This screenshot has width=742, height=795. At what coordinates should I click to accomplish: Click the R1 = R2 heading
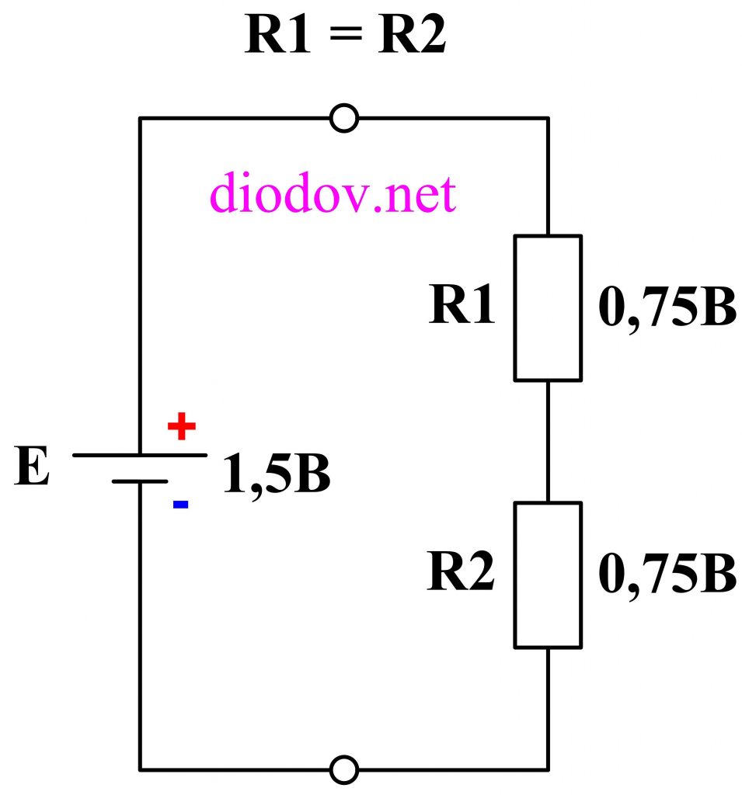point(345,36)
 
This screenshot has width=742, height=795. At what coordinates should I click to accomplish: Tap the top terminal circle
point(344,118)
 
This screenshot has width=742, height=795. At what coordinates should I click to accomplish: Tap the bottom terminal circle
point(344,769)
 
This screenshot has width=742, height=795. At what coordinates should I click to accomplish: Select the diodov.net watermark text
point(332,195)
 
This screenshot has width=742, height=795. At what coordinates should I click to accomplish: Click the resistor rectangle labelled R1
point(548,307)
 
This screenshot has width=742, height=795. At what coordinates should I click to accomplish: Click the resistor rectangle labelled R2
point(548,575)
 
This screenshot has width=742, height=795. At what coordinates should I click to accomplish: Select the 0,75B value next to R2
point(667,576)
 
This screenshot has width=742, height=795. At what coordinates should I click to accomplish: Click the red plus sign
point(182,427)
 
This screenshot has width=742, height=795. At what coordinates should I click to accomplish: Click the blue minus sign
point(180,505)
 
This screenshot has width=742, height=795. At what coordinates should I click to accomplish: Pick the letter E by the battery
point(32,469)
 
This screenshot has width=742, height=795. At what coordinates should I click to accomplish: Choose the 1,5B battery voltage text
point(277,475)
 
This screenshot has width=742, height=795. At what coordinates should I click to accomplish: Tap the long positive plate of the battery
point(140,455)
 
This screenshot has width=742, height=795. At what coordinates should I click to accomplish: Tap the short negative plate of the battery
point(140,481)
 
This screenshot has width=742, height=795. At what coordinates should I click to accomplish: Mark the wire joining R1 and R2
point(549,441)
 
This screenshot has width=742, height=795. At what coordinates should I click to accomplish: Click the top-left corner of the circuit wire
point(141,118)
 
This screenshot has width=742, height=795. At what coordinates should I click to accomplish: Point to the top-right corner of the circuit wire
point(549,118)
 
